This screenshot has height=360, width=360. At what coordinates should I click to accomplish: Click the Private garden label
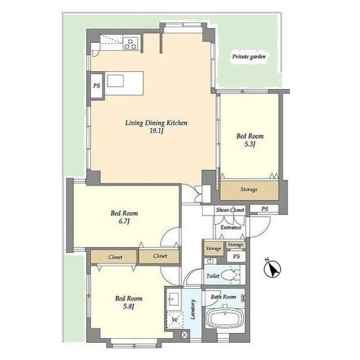point(249,56)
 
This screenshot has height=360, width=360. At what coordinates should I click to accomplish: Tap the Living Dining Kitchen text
point(156,123)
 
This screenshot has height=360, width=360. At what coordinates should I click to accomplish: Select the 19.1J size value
point(156,131)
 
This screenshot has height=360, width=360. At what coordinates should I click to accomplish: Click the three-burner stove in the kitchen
point(130,44)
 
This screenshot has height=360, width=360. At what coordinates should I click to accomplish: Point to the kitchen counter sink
point(115,80)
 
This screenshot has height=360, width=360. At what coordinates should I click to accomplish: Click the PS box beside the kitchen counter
point(97,85)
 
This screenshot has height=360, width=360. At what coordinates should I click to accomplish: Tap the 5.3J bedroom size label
point(250,144)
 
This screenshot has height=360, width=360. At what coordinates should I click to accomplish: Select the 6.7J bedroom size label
point(124,221)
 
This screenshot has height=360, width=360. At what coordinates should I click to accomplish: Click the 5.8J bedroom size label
point(129,306)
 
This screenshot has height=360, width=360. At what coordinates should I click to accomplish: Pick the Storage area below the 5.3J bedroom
point(249,190)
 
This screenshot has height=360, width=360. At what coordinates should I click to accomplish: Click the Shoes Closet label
point(230,210)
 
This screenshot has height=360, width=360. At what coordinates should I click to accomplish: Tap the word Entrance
point(231,227)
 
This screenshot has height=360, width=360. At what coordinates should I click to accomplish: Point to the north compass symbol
point(272,268)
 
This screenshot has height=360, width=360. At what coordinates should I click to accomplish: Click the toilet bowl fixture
point(230,274)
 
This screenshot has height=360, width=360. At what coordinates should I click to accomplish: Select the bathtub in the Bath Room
point(225,318)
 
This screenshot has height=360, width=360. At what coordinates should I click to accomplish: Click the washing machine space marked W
point(175,320)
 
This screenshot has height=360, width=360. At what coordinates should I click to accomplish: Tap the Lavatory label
point(193,309)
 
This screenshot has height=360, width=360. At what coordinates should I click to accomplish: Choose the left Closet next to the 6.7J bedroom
point(114,256)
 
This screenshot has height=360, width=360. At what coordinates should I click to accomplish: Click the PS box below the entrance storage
point(236,256)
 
